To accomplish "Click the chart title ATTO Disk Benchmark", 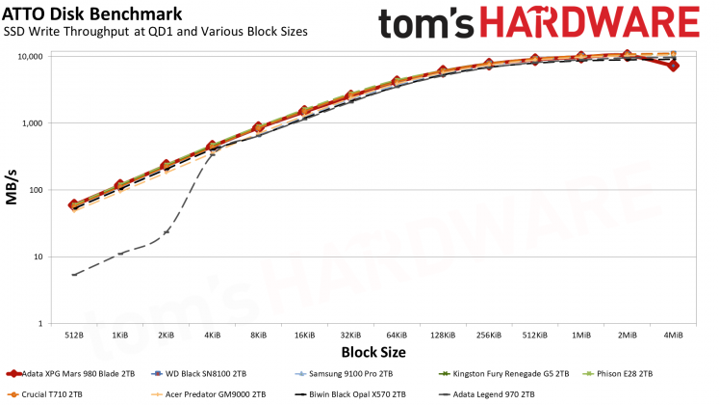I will point(82,14).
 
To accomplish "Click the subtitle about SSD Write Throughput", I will point(157,32).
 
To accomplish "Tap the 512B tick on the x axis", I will point(74,335).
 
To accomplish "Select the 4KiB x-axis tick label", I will point(212,335).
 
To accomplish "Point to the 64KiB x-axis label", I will point(397,335).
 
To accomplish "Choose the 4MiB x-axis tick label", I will point(673,335).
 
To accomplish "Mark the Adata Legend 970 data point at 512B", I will point(74,275).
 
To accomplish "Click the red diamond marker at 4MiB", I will point(673,66).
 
